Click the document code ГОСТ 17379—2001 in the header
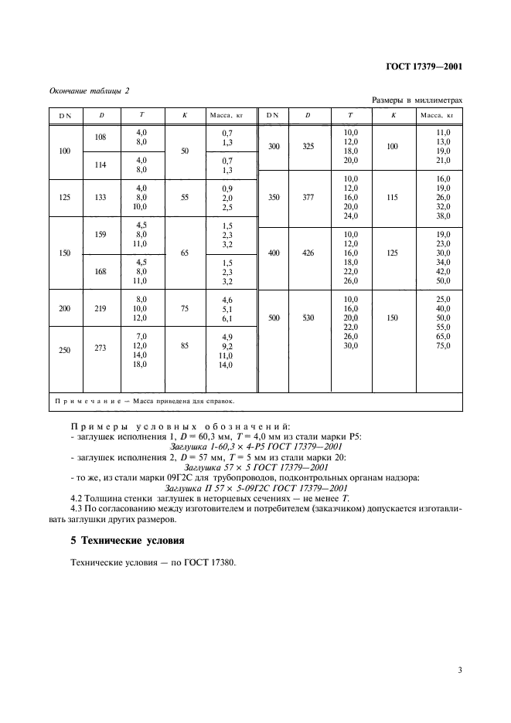424,66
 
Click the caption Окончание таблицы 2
90,91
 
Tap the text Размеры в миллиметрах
417,100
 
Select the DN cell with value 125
65,198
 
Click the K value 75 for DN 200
184,307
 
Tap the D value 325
307,146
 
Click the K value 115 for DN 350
393,198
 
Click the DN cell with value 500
274,316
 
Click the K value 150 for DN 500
393,316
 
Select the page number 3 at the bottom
459,670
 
